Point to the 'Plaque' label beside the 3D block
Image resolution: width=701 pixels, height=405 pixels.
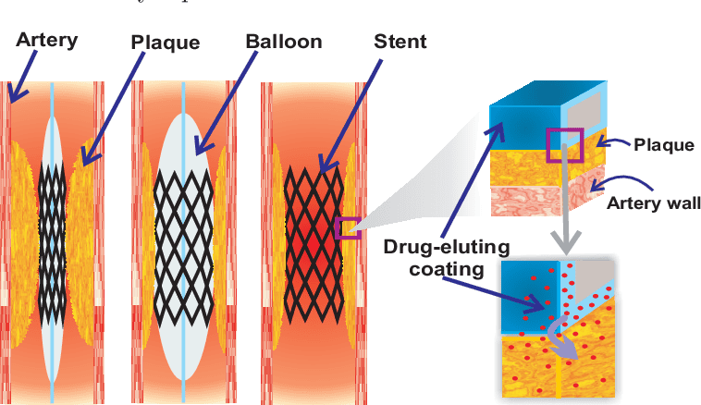click(658, 144)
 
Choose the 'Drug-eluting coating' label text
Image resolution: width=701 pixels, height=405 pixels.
click(435, 258)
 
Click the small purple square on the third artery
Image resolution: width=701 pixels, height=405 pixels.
click(349, 227)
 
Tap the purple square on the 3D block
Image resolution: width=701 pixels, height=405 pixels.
click(562, 144)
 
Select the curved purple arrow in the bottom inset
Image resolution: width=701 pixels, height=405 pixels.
click(560, 337)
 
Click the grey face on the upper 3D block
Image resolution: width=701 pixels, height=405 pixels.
click(589, 112)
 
